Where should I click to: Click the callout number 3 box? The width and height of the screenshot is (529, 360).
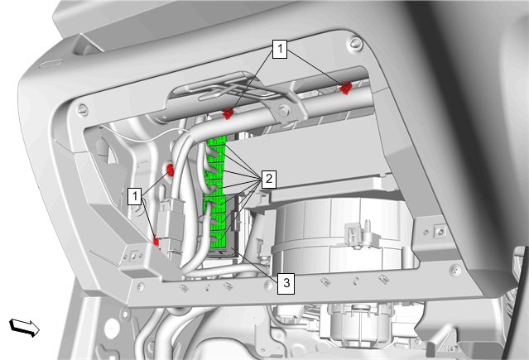tap(286, 283)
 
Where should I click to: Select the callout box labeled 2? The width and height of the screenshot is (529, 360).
tap(268, 179)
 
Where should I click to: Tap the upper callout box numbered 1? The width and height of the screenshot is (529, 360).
tap(280, 50)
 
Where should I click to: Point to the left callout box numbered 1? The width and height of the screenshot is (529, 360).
tap(135, 195)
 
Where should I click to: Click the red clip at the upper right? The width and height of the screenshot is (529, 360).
tap(345, 89)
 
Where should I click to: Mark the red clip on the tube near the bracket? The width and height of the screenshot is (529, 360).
tap(228, 114)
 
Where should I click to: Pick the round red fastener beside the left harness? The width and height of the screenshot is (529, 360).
tap(171, 170)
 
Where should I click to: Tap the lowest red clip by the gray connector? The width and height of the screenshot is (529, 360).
tap(156, 242)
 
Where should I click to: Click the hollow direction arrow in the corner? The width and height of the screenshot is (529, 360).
tap(24, 327)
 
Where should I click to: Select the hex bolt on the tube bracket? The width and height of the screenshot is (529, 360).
tap(285, 109)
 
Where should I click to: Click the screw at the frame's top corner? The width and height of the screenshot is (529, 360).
tap(355, 44)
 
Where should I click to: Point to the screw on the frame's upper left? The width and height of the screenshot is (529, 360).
tap(83, 110)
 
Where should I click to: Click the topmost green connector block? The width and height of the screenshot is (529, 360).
tap(217, 142)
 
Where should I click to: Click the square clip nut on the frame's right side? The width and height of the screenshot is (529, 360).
tap(440, 232)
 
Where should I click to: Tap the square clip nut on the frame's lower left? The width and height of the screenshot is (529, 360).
tap(134, 257)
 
